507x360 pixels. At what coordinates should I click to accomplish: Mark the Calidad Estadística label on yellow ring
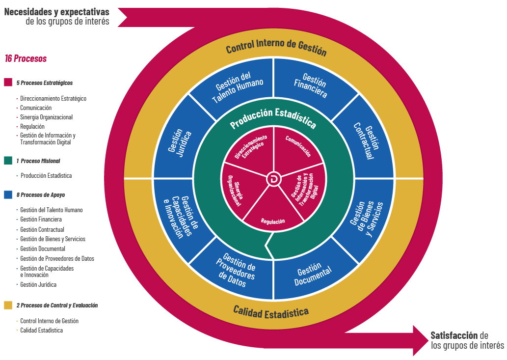pyautogui.click(x=271, y=311)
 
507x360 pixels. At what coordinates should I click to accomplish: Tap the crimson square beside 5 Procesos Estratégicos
pyautogui.click(x=8, y=83)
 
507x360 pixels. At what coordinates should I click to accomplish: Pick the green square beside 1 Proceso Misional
pyautogui.click(x=8, y=161)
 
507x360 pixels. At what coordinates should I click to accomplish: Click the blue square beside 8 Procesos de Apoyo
pyautogui.click(x=8, y=194)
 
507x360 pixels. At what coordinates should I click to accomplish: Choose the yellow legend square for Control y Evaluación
pyautogui.click(x=8, y=305)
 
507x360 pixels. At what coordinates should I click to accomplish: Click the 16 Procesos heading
pyautogui.click(x=26, y=58)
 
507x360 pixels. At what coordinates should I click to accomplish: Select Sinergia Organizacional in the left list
pyautogui.click(x=46, y=117)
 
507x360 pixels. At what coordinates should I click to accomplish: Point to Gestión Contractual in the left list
pyautogui.click(x=42, y=229)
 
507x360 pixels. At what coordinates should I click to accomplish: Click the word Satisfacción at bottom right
pyautogui.click(x=454, y=336)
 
